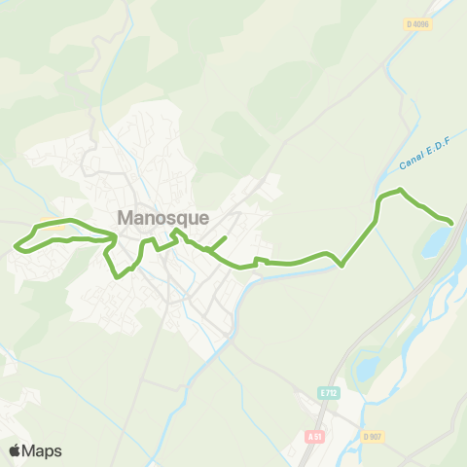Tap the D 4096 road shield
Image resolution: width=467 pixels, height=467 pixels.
(x=417, y=23)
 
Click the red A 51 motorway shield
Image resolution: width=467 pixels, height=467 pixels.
(x=313, y=437)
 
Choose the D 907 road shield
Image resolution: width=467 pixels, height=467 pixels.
(x=371, y=437)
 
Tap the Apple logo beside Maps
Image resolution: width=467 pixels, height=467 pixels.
(x=16, y=450)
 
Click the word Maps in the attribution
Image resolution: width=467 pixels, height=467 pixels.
(x=42, y=450)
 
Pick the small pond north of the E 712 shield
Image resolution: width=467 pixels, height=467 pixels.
(x=368, y=368)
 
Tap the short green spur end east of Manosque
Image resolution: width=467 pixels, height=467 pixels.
(x=226, y=236)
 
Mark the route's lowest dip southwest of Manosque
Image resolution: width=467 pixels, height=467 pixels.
(x=119, y=276)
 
